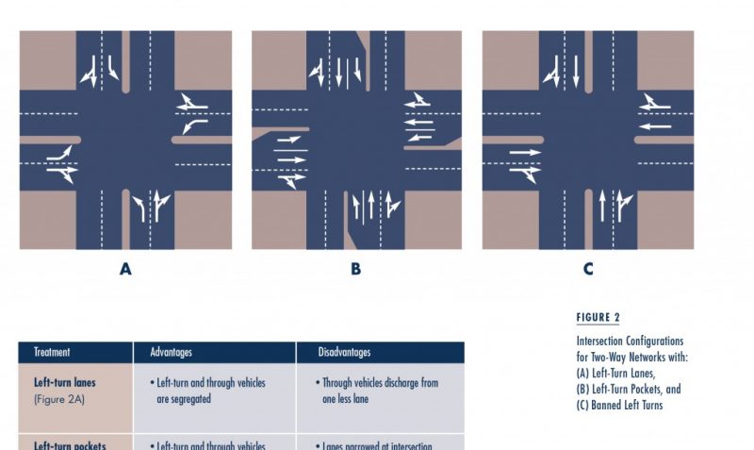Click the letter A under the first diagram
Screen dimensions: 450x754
pos(125,269)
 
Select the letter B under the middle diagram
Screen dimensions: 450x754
pos(355,269)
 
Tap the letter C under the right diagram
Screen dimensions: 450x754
pos(588,269)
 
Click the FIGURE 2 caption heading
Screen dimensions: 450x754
pos(598,318)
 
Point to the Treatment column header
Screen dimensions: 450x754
pos(52,352)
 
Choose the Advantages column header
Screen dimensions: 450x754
pos(171,352)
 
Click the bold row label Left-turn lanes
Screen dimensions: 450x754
pos(65,383)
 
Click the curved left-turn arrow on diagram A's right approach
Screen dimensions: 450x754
pos(195,125)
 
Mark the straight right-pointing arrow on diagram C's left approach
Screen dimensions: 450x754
pos(525,152)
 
